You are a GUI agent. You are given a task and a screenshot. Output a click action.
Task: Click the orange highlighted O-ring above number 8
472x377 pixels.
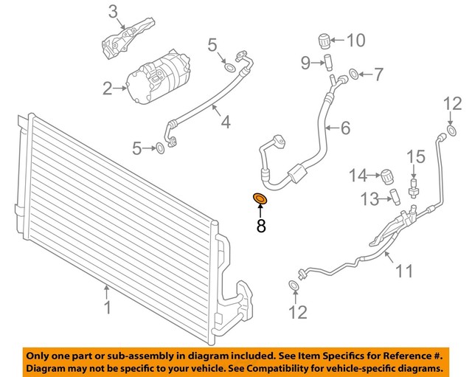(260, 198)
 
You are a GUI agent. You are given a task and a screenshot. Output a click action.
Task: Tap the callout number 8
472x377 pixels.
(260, 225)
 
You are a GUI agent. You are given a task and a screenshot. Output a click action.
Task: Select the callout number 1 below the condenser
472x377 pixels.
(108, 306)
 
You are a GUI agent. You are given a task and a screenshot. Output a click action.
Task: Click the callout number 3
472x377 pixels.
(112, 11)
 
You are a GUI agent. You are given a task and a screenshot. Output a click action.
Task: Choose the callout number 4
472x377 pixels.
(225, 120)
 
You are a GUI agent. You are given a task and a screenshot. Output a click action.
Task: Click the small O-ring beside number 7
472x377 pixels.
(354, 74)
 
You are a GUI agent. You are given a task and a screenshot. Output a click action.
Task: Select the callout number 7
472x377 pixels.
(378, 74)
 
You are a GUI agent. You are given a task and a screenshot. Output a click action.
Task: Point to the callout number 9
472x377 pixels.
(305, 63)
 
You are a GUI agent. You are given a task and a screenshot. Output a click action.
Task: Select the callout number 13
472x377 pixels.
(368, 198)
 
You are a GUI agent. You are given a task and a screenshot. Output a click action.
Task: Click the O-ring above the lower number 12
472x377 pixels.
(294, 285)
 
